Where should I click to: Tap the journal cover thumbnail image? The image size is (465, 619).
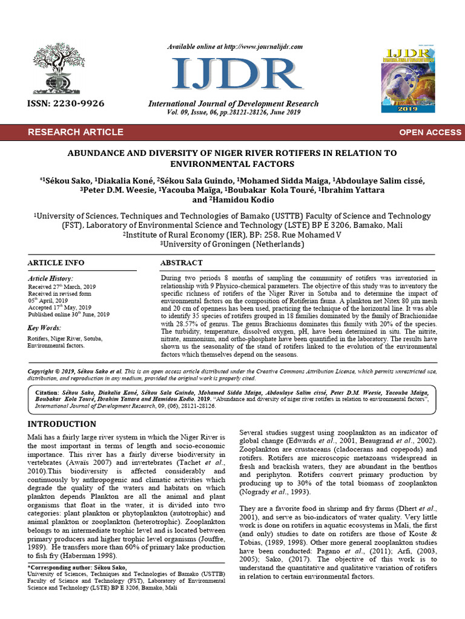pyautogui.click(x=409, y=79)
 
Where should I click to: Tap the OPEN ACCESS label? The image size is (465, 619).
pyautogui.click(x=429, y=132)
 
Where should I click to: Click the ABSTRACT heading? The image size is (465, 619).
pyautogui.click(x=181, y=263)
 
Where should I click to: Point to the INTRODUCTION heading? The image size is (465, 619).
pyautogui.click(x=62, y=424)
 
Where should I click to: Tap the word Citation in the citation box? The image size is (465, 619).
pyautogui.click(x=48, y=392)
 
